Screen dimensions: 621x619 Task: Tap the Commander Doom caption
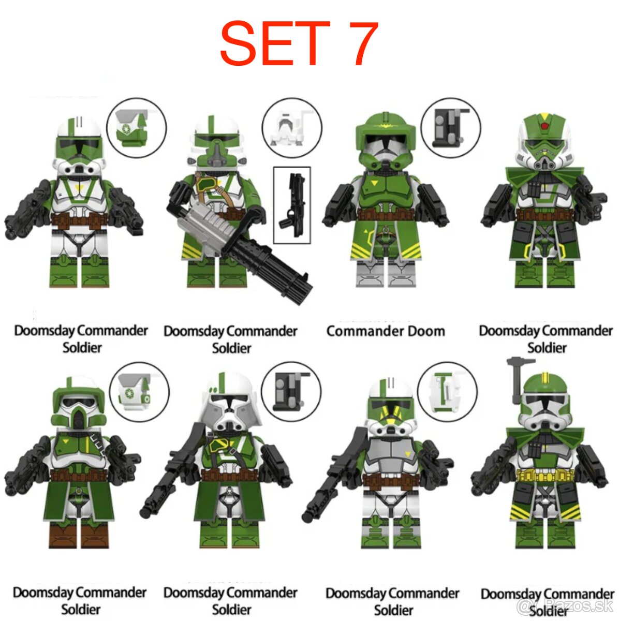386,331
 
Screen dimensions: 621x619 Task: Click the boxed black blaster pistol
291,205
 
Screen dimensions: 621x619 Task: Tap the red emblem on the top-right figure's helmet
543,126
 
